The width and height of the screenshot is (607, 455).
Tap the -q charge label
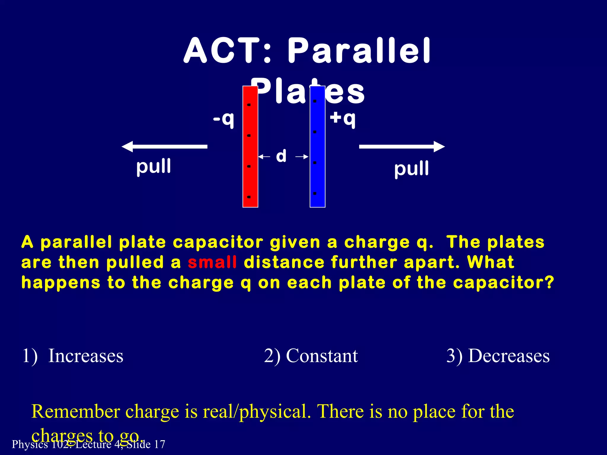pos(224,119)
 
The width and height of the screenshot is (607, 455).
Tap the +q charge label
pos(343,118)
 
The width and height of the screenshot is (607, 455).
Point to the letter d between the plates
pos(281,156)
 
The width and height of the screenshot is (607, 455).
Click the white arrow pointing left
pos(164,147)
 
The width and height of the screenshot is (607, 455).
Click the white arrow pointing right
pos(402,147)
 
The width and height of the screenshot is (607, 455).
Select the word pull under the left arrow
pos(154,166)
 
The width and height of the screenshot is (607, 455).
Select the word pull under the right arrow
pos(411,169)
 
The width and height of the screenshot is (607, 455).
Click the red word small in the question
pos(212,262)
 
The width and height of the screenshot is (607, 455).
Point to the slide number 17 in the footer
pos(160,444)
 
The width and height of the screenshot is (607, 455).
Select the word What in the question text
pos(491,262)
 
